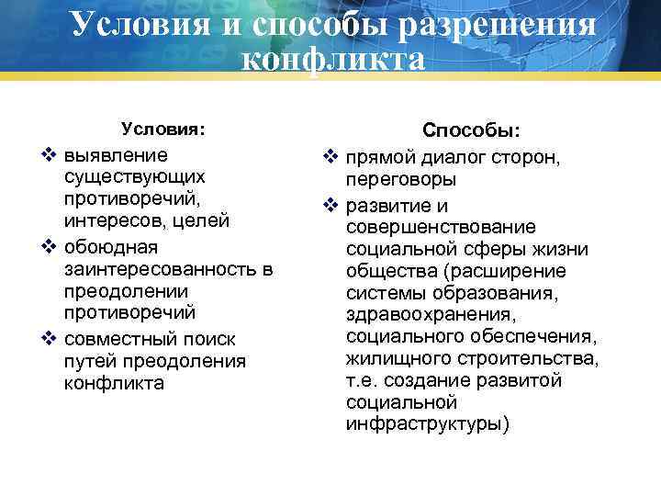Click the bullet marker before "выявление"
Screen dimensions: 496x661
tap(50, 152)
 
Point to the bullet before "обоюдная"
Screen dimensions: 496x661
tap(50, 247)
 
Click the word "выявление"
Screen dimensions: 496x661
tap(116, 152)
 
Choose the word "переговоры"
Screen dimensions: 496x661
tap(401, 180)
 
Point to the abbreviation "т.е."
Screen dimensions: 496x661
tap(363, 380)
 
